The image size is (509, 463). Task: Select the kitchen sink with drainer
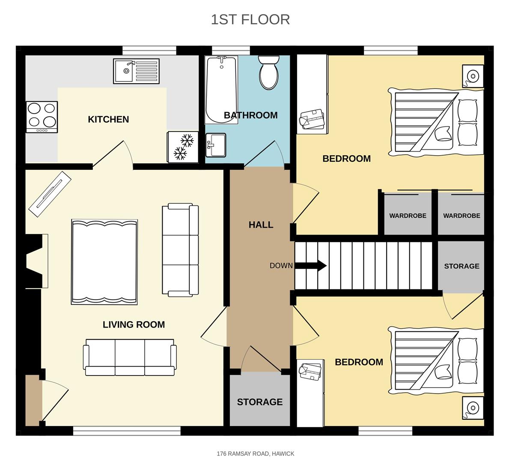click(136, 71)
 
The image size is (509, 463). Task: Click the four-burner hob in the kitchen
click(42, 117)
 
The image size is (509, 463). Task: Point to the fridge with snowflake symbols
click(183, 147)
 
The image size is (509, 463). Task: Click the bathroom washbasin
click(216, 145)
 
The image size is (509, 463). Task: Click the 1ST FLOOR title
click(250, 19)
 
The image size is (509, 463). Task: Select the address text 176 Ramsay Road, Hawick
click(255, 454)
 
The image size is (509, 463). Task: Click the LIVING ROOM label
click(134, 325)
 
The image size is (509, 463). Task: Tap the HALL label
click(261, 225)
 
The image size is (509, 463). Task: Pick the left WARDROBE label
click(408, 216)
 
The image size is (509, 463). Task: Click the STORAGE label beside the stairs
click(461, 266)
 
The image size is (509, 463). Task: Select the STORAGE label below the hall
click(259, 402)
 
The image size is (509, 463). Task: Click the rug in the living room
click(104, 262)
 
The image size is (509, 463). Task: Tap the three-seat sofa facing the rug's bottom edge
click(130, 357)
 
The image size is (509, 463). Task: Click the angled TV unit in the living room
click(49, 193)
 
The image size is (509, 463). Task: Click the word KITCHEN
click(108, 119)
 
